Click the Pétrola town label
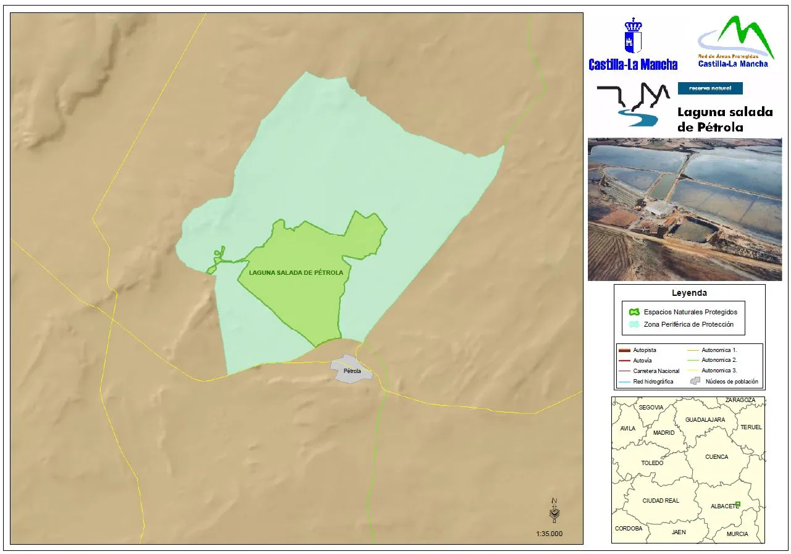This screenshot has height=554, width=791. coord(348,372)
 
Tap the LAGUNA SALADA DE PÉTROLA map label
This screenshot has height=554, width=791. coord(296,272)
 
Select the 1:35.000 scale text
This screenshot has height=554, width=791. coord(549,534)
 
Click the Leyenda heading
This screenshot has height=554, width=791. coord(689,293)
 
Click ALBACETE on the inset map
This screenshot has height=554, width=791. coord(724,506)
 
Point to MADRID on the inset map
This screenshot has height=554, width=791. coord(664,433)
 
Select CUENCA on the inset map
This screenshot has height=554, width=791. coord(716,457)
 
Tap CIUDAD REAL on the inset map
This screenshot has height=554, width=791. coord(660,501)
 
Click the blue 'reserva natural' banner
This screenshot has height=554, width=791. coord(710,88)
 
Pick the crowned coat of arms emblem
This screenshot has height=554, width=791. coord(633,36)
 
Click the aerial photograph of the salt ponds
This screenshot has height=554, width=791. coord(685,209)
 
